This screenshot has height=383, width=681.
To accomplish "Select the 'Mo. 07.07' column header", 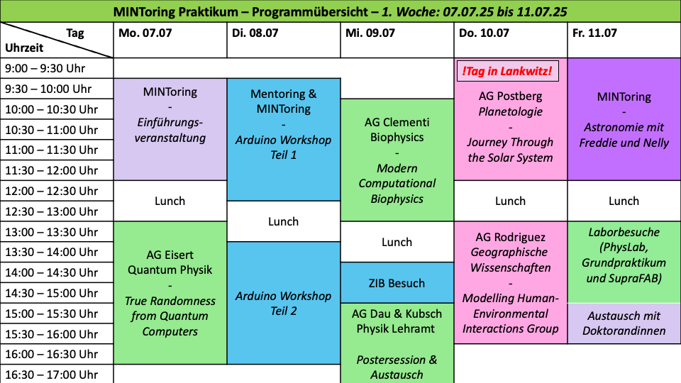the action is [145, 33].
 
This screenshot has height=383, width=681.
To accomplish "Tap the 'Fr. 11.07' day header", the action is [594, 33].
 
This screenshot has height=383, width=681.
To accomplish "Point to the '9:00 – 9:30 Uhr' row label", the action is [45, 68].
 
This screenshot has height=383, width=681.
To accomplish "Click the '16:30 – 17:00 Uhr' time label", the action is [52, 374].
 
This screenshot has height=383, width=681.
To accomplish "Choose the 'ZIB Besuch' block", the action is [397, 283].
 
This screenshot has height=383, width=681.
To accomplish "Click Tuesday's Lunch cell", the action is [283, 221].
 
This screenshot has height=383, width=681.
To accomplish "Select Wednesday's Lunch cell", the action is [397, 242].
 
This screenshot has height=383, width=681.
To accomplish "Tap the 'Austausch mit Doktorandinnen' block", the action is [624, 323].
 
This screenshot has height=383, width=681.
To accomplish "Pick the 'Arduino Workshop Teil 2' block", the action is [283, 303].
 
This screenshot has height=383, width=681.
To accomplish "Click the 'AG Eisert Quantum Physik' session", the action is [170, 293].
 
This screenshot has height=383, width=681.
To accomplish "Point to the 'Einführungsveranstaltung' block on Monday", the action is [170, 129].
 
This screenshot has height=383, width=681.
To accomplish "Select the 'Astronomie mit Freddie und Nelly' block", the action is [624, 119].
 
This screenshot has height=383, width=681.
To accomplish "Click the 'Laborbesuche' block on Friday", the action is [624, 262].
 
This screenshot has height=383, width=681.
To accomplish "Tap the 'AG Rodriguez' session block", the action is [511, 283].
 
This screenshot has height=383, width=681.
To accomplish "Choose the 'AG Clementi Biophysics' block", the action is [397, 160].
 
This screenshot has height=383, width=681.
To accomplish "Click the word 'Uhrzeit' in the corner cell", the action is [24, 48].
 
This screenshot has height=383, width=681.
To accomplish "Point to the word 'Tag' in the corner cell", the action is [75, 33].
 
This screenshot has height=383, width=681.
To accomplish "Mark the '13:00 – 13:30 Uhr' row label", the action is [52, 232].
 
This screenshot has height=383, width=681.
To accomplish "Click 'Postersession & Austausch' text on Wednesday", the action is [397, 367].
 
